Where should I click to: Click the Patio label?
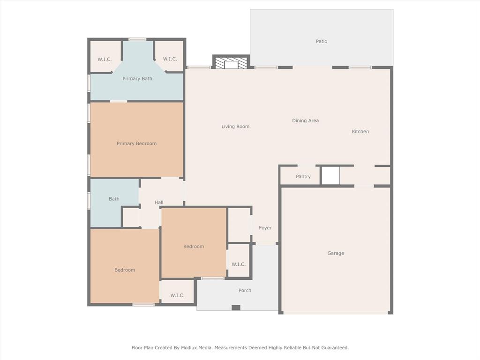click(321, 41)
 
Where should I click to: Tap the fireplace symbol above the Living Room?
click(231, 63)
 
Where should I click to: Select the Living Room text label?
click(235, 127)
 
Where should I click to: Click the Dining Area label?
click(305, 120)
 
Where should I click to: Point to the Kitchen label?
click(360, 132)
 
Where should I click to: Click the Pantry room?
click(303, 177)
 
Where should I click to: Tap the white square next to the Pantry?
click(330, 176)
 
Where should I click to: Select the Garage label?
click(336, 253)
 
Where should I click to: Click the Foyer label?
click(265, 228)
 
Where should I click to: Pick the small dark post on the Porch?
click(236, 307)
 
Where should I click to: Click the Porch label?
click(245, 291)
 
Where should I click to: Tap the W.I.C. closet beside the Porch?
click(238, 264)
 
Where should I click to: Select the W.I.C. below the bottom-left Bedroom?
click(177, 295)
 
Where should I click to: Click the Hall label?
click(159, 202)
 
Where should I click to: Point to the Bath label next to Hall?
click(114, 199)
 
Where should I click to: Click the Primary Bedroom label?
click(136, 143)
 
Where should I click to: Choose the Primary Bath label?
click(137, 79)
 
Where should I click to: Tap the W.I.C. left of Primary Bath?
click(105, 59)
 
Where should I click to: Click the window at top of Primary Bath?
click(137, 39)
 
